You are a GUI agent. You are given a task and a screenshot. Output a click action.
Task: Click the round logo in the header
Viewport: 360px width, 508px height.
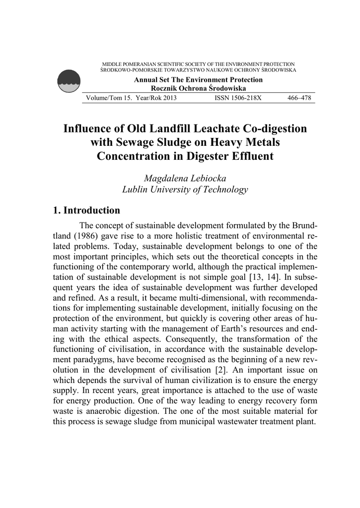pyautogui.click(x=69, y=80)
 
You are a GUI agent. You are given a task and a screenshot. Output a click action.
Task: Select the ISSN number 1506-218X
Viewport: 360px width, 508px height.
pyautogui.click(x=238, y=98)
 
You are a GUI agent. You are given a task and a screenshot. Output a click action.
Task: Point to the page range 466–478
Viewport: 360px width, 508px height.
pyautogui.click(x=299, y=98)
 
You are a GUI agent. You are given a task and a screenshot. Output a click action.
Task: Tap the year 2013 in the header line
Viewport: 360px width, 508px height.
pyautogui.click(x=168, y=98)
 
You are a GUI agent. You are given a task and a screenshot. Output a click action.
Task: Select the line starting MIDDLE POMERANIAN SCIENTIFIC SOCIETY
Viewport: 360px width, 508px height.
pyautogui.click(x=198, y=64)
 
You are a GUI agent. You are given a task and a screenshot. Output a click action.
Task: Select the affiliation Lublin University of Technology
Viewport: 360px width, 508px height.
pyautogui.click(x=185, y=189)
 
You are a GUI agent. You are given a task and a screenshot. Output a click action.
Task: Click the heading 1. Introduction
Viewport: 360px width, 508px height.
pyautogui.click(x=86, y=210)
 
